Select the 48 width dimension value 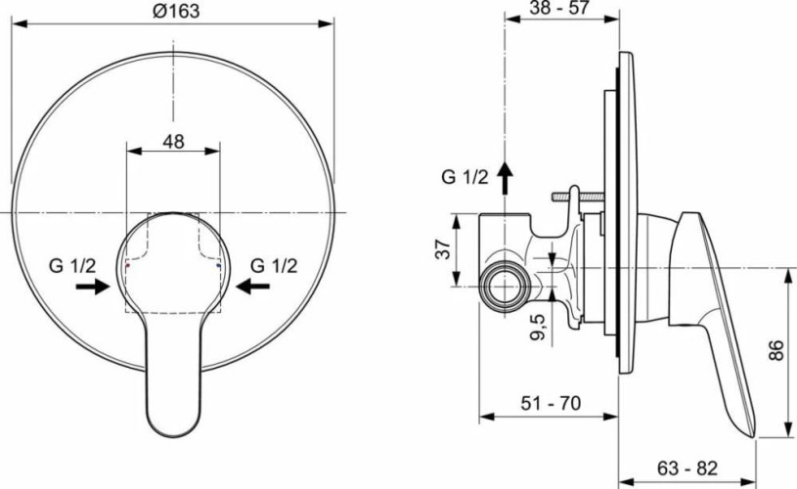coord(173,141)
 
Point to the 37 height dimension coord(442,250)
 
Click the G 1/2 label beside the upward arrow coord(464,177)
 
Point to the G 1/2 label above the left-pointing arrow coord(273,264)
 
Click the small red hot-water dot coord(128,265)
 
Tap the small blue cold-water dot coord(220,265)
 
